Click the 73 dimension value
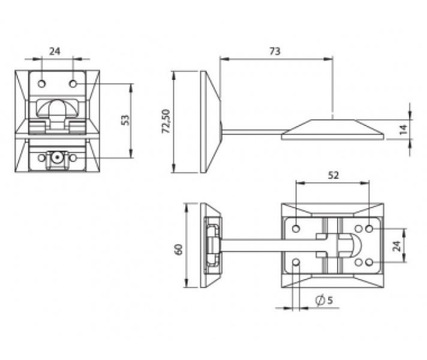pyautogui.click(x=275, y=52)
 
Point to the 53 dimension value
pyautogui.click(x=125, y=119)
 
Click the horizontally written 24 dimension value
pyautogui.click(x=55, y=52)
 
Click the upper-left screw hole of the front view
pyautogui.click(x=41, y=83)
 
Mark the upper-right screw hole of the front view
pyautogui.click(x=73, y=83)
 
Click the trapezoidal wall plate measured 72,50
pyautogui.click(x=211, y=123)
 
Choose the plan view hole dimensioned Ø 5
pyautogui.click(x=297, y=263)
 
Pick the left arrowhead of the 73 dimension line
pyautogui.click(x=223, y=59)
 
